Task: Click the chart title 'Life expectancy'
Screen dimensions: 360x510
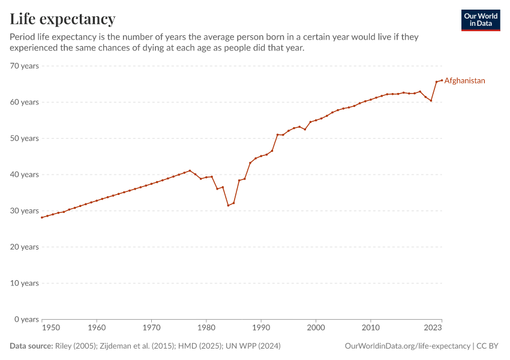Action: click(x=62, y=19)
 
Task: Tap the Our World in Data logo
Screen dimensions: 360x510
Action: click(x=480, y=20)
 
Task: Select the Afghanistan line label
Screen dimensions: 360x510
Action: click(x=464, y=80)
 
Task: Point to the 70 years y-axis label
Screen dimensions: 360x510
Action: click(x=25, y=65)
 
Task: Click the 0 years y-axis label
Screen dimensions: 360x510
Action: click(x=26, y=319)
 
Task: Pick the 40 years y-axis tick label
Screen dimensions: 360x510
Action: click(x=25, y=175)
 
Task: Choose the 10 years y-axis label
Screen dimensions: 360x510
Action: click(x=25, y=283)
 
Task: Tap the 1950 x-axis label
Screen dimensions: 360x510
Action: click(x=51, y=328)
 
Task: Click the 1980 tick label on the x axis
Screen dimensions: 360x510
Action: click(x=206, y=328)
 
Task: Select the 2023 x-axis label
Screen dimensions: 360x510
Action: click(x=433, y=328)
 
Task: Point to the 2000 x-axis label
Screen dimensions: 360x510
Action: click(x=316, y=328)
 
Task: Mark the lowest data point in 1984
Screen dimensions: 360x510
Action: click(x=228, y=205)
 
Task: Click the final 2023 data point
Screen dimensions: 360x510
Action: click(x=442, y=80)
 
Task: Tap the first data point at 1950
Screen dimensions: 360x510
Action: click(x=42, y=217)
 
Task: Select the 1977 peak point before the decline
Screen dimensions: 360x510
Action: click(x=190, y=170)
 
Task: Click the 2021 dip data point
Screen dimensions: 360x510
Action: click(x=431, y=100)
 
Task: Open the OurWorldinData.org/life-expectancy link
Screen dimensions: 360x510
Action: click(x=408, y=346)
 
